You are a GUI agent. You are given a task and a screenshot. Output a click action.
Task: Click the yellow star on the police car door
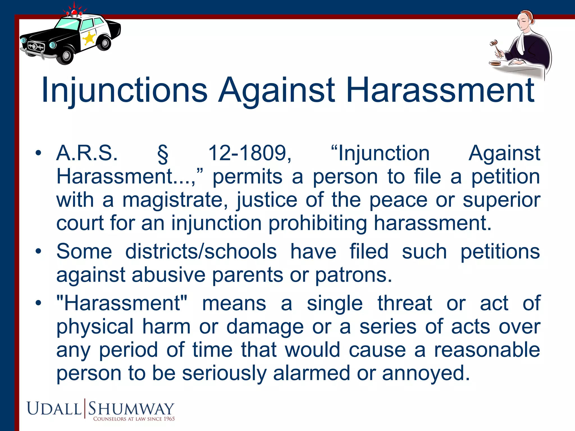click(x=89, y=38)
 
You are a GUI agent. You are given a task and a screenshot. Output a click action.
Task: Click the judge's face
click(x=523, y=23)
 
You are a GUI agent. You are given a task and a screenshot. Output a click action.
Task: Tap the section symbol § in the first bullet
click(x=163, y=154)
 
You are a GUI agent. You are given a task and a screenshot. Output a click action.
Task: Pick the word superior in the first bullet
click(x=501, y=201)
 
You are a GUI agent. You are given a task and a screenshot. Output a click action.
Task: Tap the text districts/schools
click(x=201, y=251)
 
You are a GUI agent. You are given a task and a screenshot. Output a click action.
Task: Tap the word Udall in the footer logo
click(x=54, y=409)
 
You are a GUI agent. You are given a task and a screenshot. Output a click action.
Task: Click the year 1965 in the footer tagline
click(x=169, y=419)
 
